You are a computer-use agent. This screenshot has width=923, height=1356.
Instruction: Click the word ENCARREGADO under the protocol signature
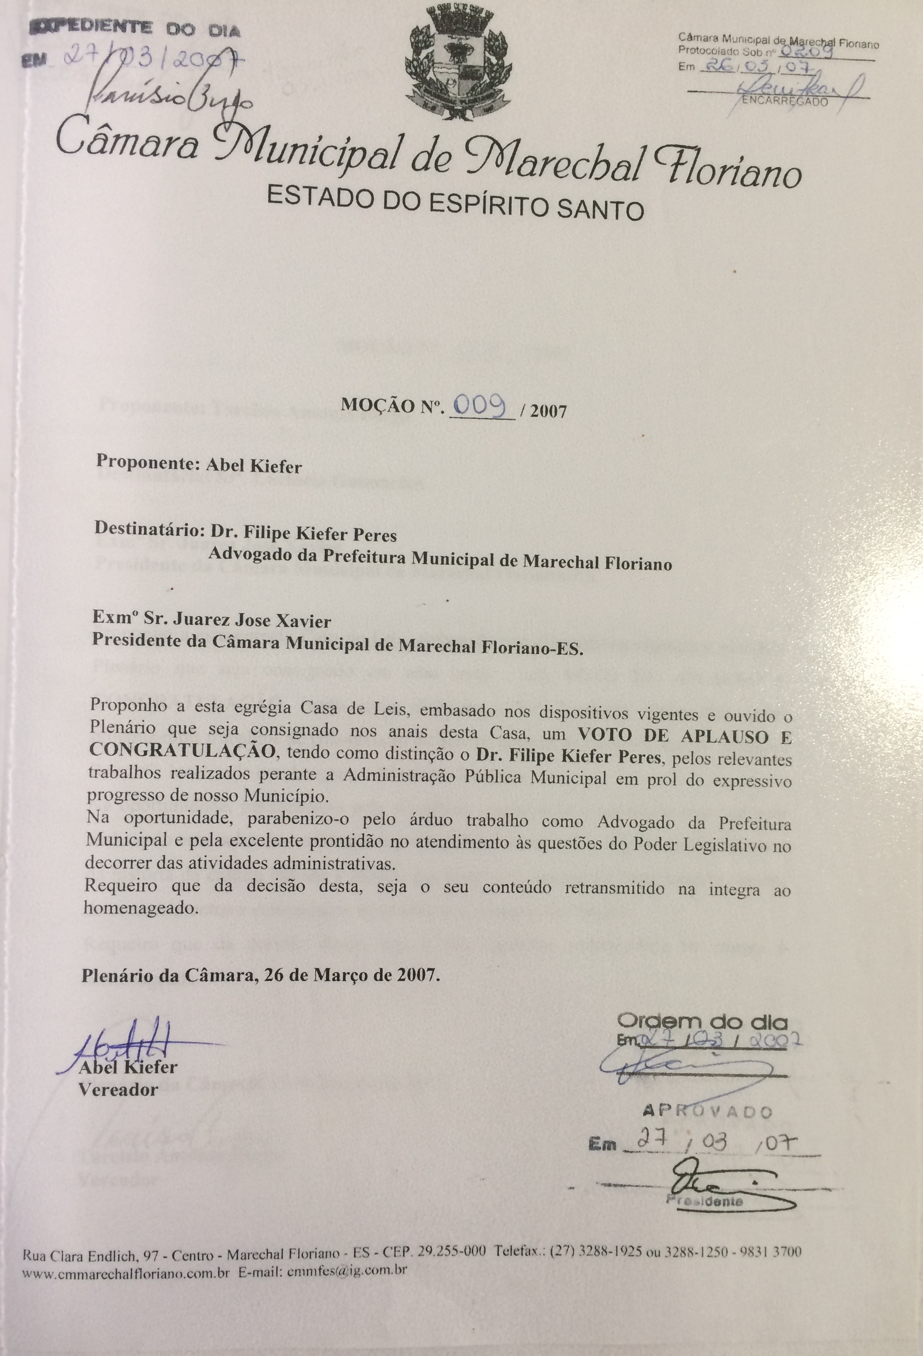click(786, 101)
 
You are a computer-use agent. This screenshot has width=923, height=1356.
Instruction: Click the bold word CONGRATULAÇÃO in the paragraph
click(182, 752)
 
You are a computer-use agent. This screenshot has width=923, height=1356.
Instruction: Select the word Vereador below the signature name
click(117, 1089)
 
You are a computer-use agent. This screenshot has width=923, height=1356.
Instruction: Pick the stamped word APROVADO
click(707, 1110)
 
